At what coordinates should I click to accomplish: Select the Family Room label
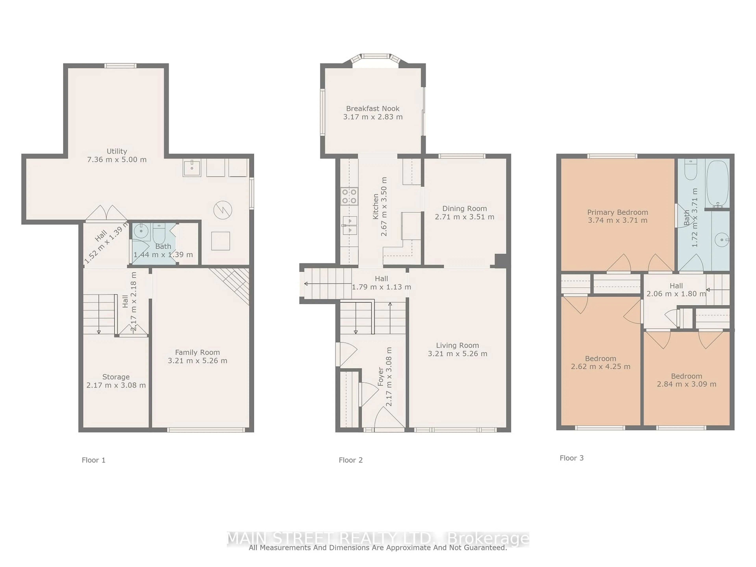[197, 352]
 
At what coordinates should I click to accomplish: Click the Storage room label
[116, 377]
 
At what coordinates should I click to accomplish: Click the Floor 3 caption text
[572, 458]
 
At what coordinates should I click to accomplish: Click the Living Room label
[457, 346]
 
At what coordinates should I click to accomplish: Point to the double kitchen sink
[350, 226]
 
